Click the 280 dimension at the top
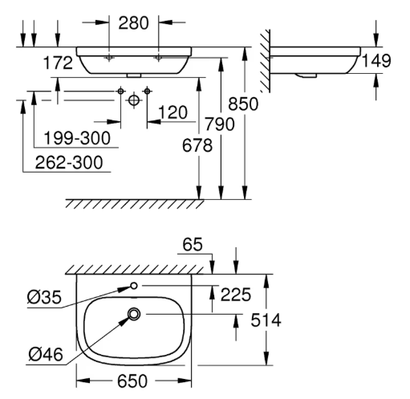(x=133, y=23)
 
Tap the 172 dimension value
(x=58, y=63)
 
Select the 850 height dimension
(x=243, y=104)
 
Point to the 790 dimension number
(x=220, y=124)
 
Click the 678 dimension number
(x=197, y=146)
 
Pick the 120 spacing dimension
(x=173, y=112)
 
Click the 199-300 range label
(x=77, y=138)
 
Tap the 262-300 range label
(x=69, y=162)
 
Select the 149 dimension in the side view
(x=376, y=61)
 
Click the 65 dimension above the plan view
(x=193, y=245)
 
